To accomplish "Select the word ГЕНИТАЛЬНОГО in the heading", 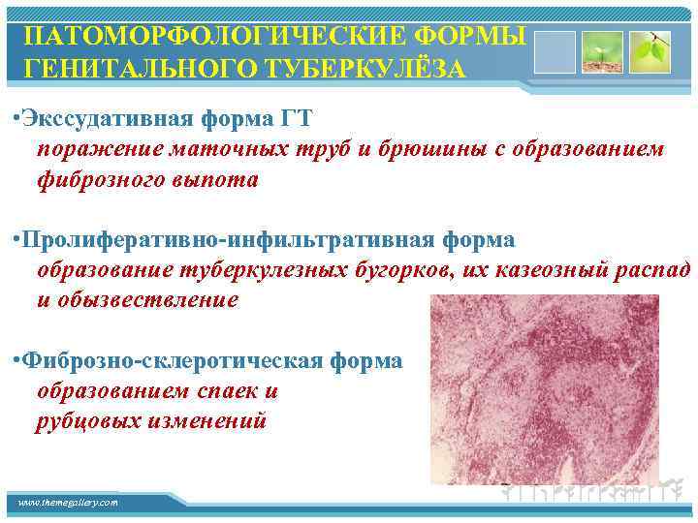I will coord(135,71).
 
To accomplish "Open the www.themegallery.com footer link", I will coord(68,503).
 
